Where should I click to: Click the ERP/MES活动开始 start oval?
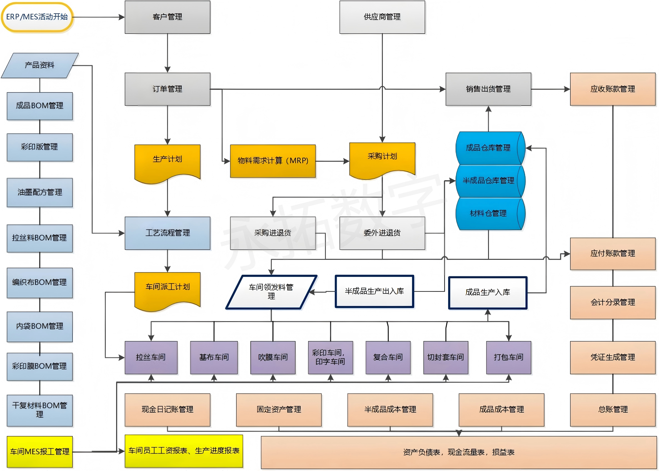(37, 17)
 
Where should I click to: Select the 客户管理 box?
(167, 17)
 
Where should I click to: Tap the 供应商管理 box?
(382, 17)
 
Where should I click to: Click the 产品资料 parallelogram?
(40, 65)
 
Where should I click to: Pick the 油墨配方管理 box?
(40, 192)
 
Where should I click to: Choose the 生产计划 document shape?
(167, 161)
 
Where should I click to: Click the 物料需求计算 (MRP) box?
(273, 161)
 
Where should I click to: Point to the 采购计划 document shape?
(382, 158)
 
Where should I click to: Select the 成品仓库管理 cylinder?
(489, 148)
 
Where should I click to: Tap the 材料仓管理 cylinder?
(489, 214)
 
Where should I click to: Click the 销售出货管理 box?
(488, 89)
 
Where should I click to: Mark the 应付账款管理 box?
(612, 254)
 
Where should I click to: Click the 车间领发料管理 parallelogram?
(271, 292)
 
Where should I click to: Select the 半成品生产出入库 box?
(374, 291)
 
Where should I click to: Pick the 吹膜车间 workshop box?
(273, 357)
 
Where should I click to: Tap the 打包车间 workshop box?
(508, 357)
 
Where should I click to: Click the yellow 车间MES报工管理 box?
(40, 452)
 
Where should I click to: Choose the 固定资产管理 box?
(279, 410)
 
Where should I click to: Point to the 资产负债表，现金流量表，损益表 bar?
(459, 452)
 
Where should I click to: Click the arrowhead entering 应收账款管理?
(567, 89)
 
